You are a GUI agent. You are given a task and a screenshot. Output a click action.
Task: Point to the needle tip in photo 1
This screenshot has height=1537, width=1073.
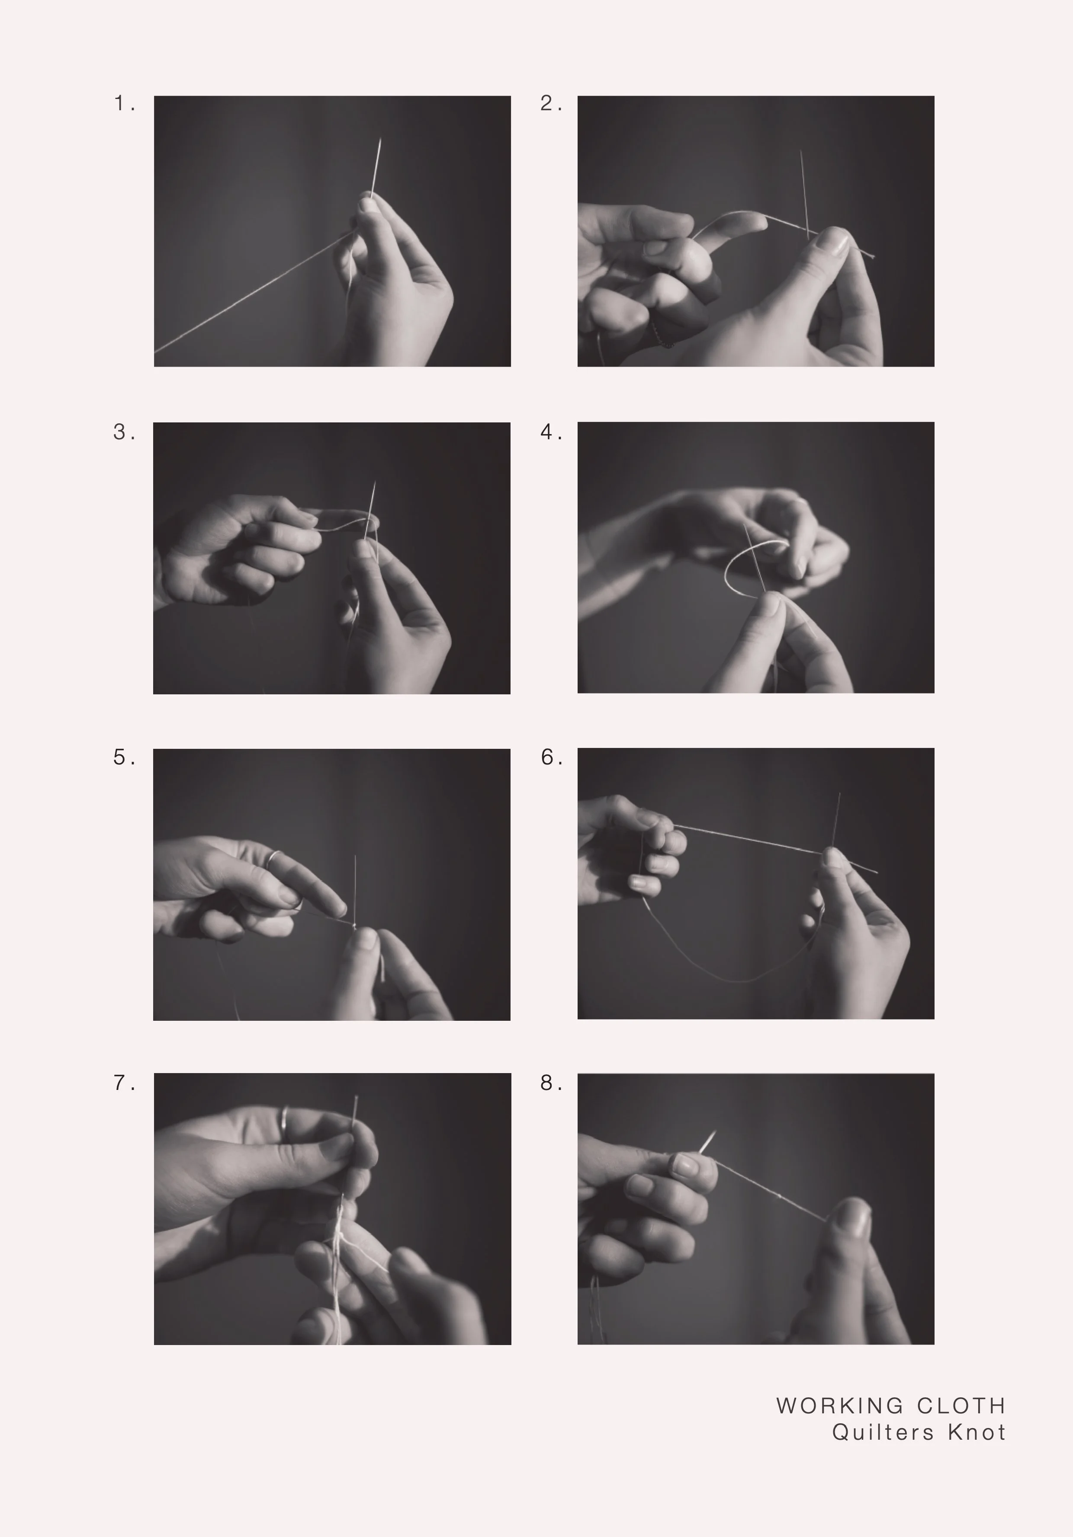tap(380, 139)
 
